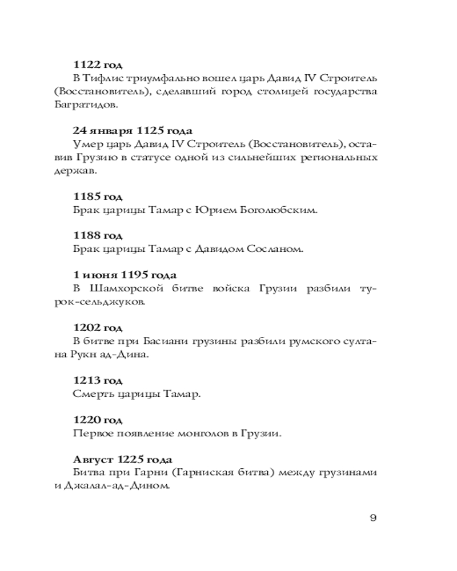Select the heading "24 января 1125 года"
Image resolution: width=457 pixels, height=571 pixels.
pyautogui.click(x=126, y=131)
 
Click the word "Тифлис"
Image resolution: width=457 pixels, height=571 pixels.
pyautogui.click(x=104, y=78)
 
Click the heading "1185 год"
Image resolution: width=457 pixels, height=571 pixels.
pyautogui.click(x=98, y=197)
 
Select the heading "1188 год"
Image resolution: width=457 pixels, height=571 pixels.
pyautogui.click(x=98, y=235)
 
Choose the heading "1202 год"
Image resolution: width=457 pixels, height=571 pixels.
pyautogui.click(x=98, y=328)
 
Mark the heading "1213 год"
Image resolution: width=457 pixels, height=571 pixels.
pyautogui.click(x=98, y=381)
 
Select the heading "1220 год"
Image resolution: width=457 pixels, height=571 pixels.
pyautogui.click(x=98, y=420)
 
